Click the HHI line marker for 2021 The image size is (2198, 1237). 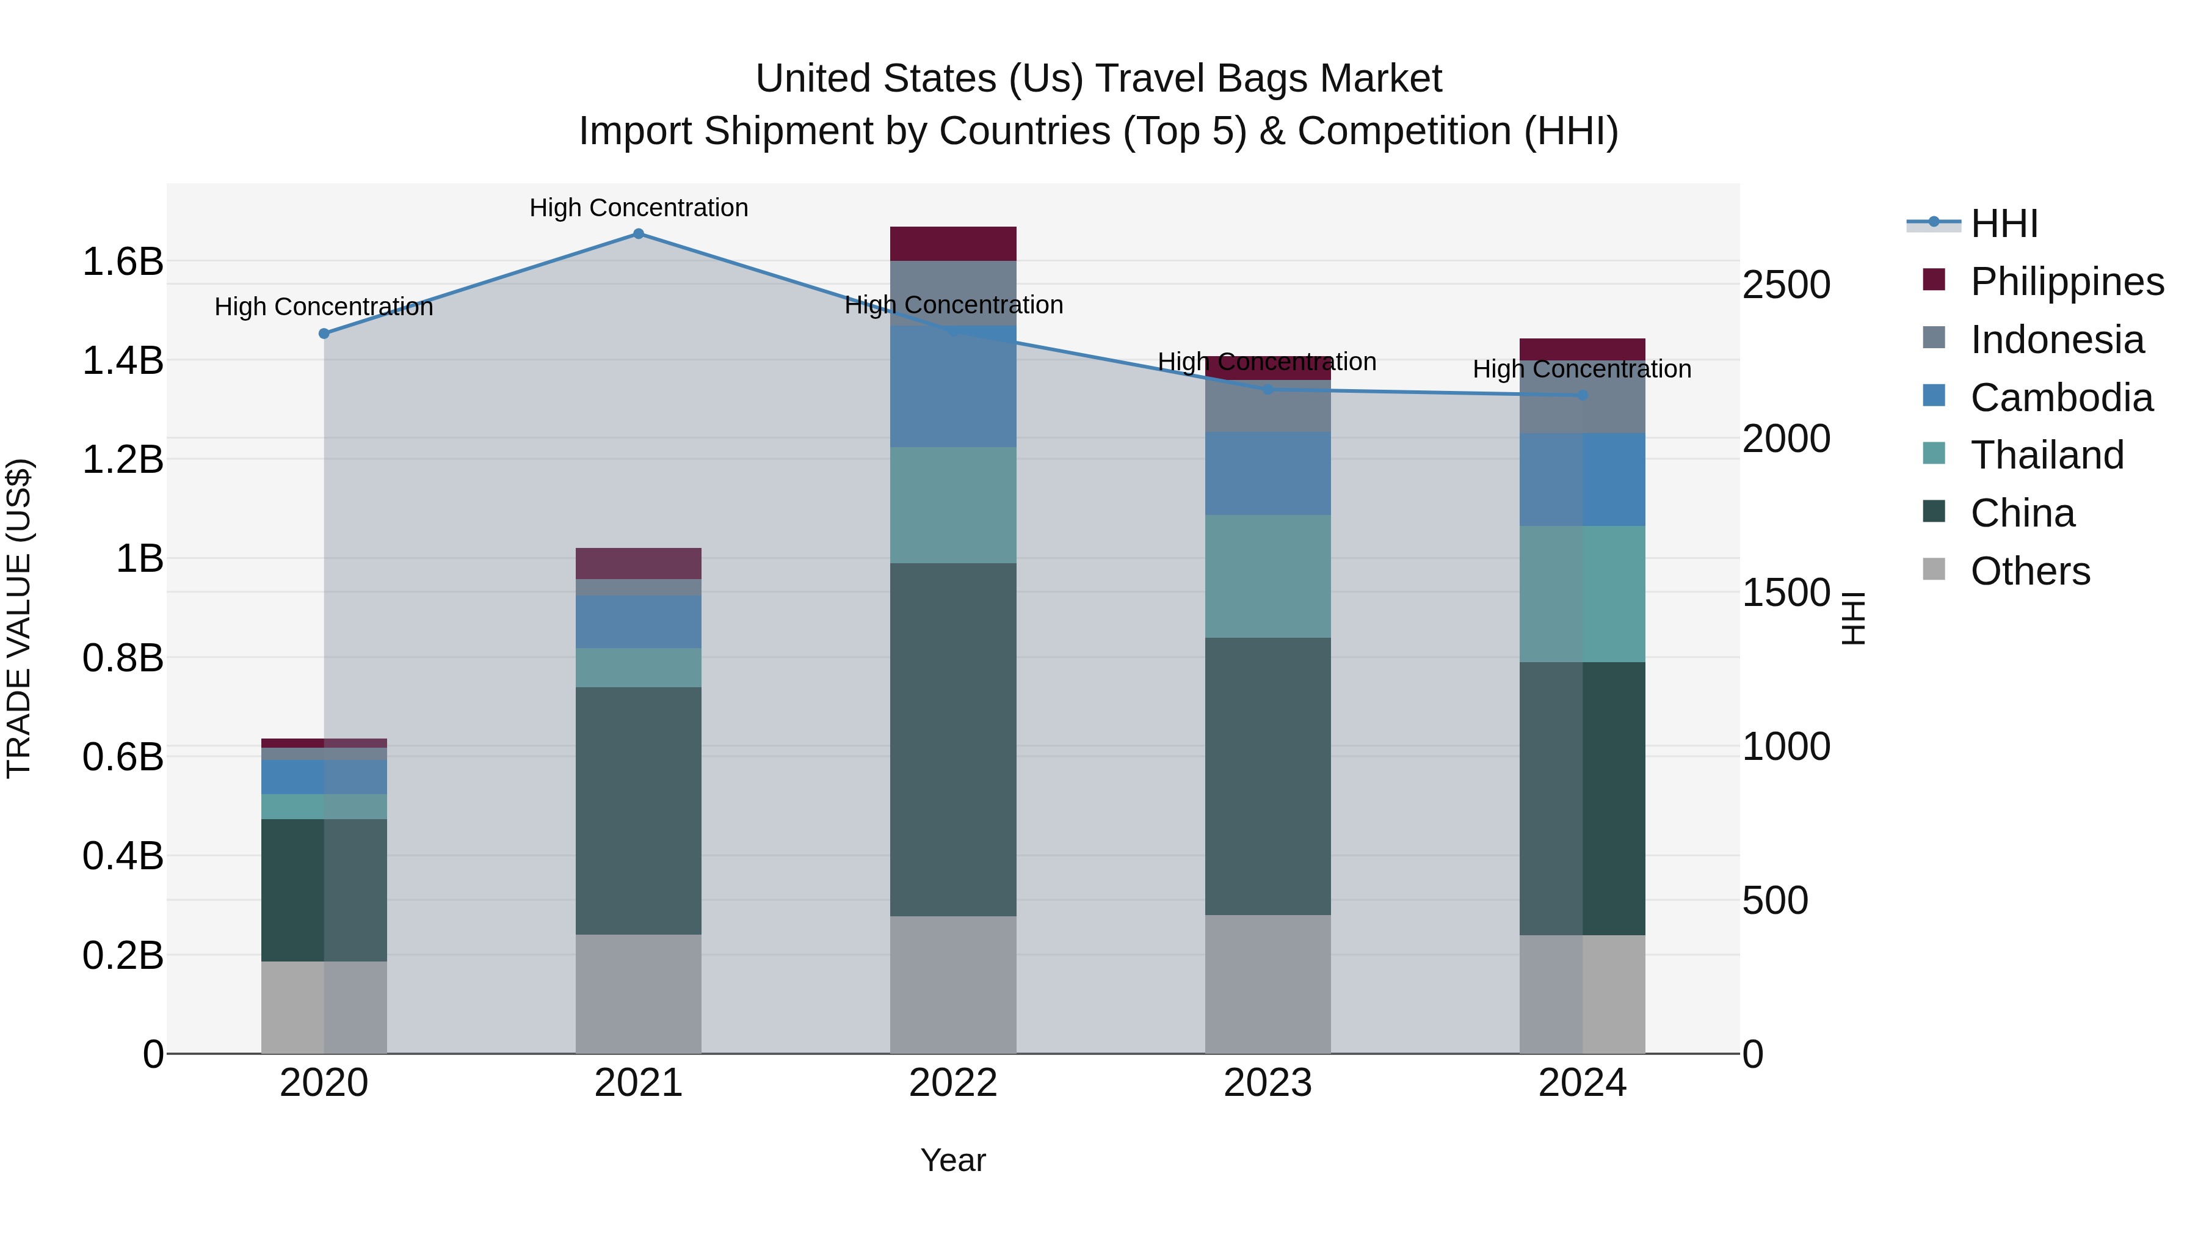pyautogui.click(x=638, y=234)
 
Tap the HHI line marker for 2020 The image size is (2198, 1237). pyautogui.click(x=324, y=334)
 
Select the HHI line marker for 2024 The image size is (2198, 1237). pyautogui.click(x=1582, y=395)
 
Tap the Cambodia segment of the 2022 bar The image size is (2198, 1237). pyautogui.click(x=953, y=386)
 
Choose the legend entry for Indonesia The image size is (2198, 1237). pyautogui.click(x=2056, y=340)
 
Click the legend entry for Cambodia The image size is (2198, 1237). pyautogui.click(x=2061, y=398)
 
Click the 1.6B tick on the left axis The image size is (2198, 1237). pyautogui.click(x=122, y=261)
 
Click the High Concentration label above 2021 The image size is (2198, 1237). pyautogui.click(x=638, y=208)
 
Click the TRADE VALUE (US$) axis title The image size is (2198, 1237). pyautogui.click(x=19, y=618)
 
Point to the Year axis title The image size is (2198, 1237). pyautogui.click(x=953, y=1160)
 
